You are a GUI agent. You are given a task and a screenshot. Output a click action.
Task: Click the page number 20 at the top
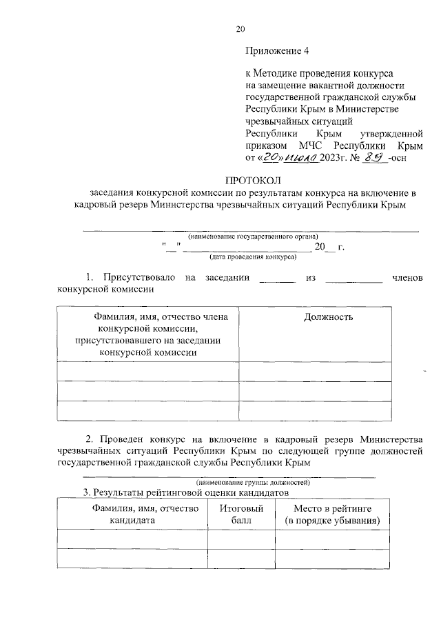[240, 29]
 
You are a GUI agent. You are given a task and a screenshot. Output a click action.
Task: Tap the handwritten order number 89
[375, 157]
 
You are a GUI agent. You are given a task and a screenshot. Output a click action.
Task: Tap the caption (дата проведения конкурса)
[253, 257]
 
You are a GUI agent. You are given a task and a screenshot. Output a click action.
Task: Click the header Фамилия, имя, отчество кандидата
[132, 514]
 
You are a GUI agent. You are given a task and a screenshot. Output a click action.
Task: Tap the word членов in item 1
[407, 277]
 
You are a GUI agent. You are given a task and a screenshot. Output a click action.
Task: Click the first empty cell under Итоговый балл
[241, 539]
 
